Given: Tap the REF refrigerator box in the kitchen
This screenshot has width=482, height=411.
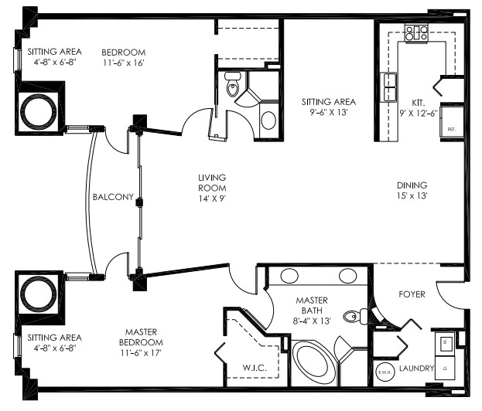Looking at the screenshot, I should coord(450,129).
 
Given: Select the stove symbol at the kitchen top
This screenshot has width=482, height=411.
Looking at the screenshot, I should coord(417,32).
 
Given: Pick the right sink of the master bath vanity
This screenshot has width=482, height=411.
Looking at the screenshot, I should coord(347,277).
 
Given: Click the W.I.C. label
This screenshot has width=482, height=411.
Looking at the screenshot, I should coord(255,368).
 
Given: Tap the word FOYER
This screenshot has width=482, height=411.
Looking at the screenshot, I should coord(412,294).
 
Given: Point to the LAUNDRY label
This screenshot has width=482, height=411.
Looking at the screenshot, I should coord(416,369).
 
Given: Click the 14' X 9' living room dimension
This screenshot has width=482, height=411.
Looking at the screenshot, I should coord(211,197).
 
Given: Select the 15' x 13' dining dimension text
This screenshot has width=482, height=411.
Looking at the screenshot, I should coord(411,195).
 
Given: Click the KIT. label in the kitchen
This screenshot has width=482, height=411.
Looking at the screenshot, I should coord(419,102).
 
